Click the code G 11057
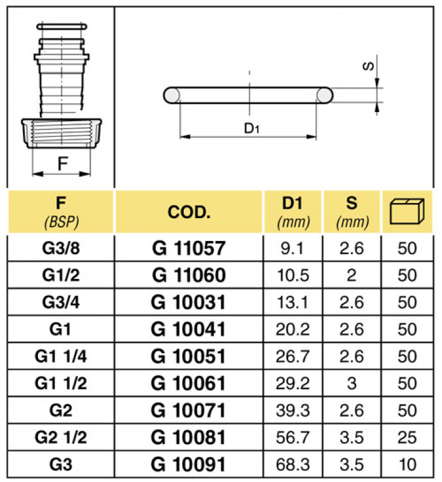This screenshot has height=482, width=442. point(189,247)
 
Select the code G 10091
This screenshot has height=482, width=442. point(189,465)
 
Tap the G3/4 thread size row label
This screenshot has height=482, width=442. point(61,302)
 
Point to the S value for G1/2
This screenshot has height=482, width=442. point(352,275)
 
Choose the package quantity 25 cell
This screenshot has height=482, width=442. point(408,437)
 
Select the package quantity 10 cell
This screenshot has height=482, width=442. point(408,465)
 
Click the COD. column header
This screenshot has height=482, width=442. point(189,212)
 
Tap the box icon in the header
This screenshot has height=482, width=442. point(408,211)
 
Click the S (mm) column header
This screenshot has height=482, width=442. point(352,212)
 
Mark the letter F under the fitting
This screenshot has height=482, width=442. point(62,163)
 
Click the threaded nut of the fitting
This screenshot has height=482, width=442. point(62,131)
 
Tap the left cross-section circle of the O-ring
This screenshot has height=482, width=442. point(172,95)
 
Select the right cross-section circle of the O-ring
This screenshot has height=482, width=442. point(324,95)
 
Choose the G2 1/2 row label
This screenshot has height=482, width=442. point(61,437)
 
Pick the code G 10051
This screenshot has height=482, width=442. point(189,356)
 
